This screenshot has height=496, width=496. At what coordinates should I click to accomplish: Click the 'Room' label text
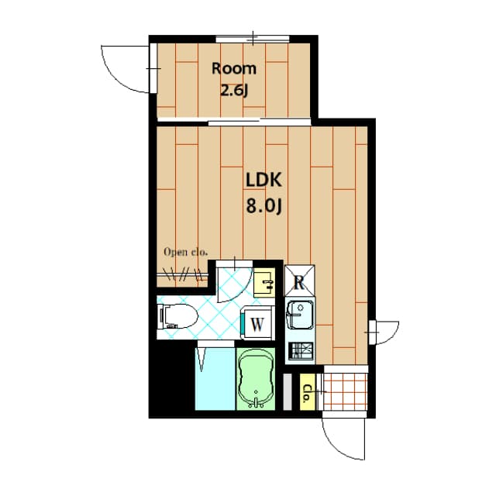234,67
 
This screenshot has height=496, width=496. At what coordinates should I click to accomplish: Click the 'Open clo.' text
185,251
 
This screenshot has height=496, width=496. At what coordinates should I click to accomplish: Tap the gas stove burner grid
299,351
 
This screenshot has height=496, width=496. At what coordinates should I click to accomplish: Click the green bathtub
255,379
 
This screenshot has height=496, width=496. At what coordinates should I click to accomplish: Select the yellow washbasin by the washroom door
264,281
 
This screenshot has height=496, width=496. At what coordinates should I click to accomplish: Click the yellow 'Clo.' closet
307,391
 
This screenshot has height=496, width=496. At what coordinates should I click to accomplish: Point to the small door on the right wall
384,332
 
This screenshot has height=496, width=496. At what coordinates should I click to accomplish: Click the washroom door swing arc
232,284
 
